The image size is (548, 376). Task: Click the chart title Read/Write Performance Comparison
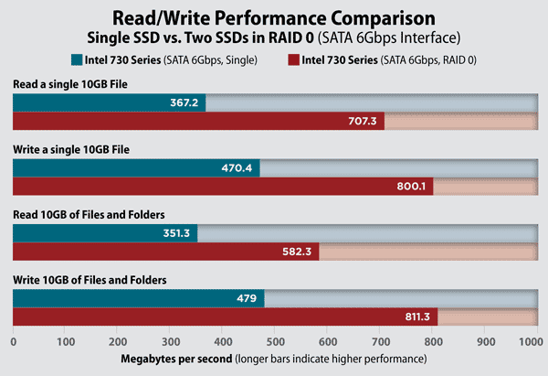(273, 17)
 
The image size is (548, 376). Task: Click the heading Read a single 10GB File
(69, 84)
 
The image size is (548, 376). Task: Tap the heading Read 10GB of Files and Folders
(89, 213)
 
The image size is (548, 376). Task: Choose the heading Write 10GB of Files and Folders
(90, 278)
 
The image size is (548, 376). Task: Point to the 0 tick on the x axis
(13, 342)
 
